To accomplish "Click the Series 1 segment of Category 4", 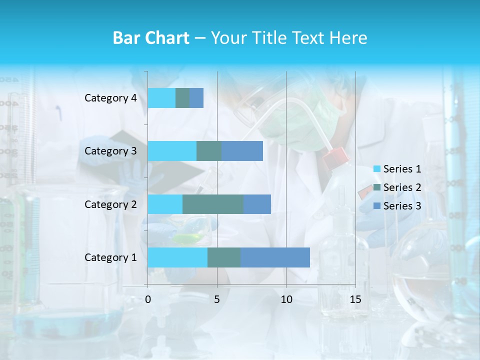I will [x=161, y=98].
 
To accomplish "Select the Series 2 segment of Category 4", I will [x=182, y=98].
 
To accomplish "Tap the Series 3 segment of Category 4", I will [x=196, y=98].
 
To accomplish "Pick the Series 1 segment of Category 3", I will [x=172, y=151].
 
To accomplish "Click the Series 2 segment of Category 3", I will [x=209, y=151].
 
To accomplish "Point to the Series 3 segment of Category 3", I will [x=242, y=151].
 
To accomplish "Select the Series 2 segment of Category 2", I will [x=213, y=204].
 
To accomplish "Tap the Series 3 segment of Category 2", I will [x=257, y=204].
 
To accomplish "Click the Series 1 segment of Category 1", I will [x=177, y=257].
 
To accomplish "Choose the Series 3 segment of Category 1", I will [x=275, y=257].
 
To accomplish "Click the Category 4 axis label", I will [x=110, y=98].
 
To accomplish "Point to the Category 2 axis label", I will [x=110, y=204].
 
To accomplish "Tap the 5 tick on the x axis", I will [x=217, y=299].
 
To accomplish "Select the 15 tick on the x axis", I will [x=355, y=299].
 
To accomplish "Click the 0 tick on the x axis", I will [x=148, y=299].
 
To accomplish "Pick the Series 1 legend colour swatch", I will [x=377, y=169].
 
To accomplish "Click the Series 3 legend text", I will [x=402, y=206].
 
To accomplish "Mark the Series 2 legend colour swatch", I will [x=377, y=187].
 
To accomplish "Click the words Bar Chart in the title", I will [x=151, y=38].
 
